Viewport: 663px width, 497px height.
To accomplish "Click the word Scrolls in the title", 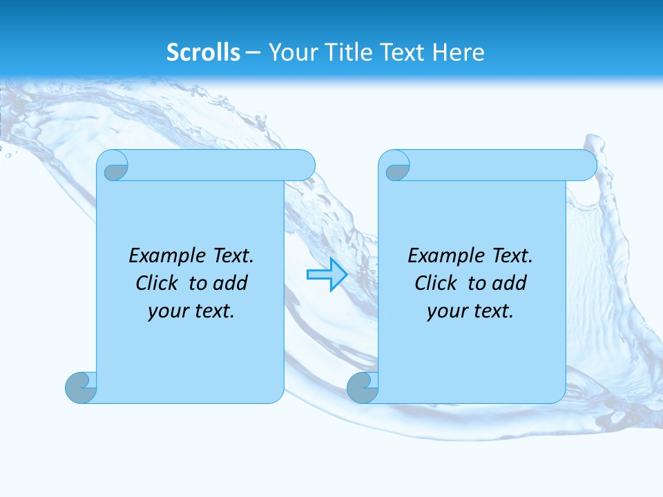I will point(203,52).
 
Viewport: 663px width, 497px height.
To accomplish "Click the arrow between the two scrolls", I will point(327,275).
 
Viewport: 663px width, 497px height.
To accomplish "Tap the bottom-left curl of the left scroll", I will point(81,388).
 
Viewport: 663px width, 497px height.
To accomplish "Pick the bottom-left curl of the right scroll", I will point(363,388).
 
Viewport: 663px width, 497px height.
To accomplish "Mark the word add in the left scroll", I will point(231,284).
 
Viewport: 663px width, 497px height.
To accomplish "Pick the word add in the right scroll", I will point(510,284).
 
